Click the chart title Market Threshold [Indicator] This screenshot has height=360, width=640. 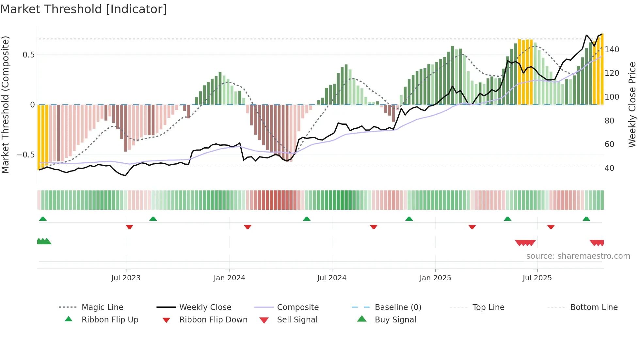coord(84,9)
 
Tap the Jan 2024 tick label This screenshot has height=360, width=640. coord(229,278)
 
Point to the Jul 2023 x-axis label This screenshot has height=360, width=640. coord(126,278)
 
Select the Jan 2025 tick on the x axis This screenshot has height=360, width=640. coord(435,278)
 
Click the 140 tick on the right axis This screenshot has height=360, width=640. coord(612,50)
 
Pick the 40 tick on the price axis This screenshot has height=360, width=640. coord(609,168)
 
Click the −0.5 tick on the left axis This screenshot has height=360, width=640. coord(25,155)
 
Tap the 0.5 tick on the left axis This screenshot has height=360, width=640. coord(28,55)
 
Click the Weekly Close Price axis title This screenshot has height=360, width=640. coord(632,105)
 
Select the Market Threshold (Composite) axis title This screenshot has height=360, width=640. coord(5,105)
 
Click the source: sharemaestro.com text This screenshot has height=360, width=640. coord(578,256)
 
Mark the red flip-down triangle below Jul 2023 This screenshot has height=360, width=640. coord(129,227)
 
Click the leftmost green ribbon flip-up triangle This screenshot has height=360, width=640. coord(43,219)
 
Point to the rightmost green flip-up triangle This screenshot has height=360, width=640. coord(586,219)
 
